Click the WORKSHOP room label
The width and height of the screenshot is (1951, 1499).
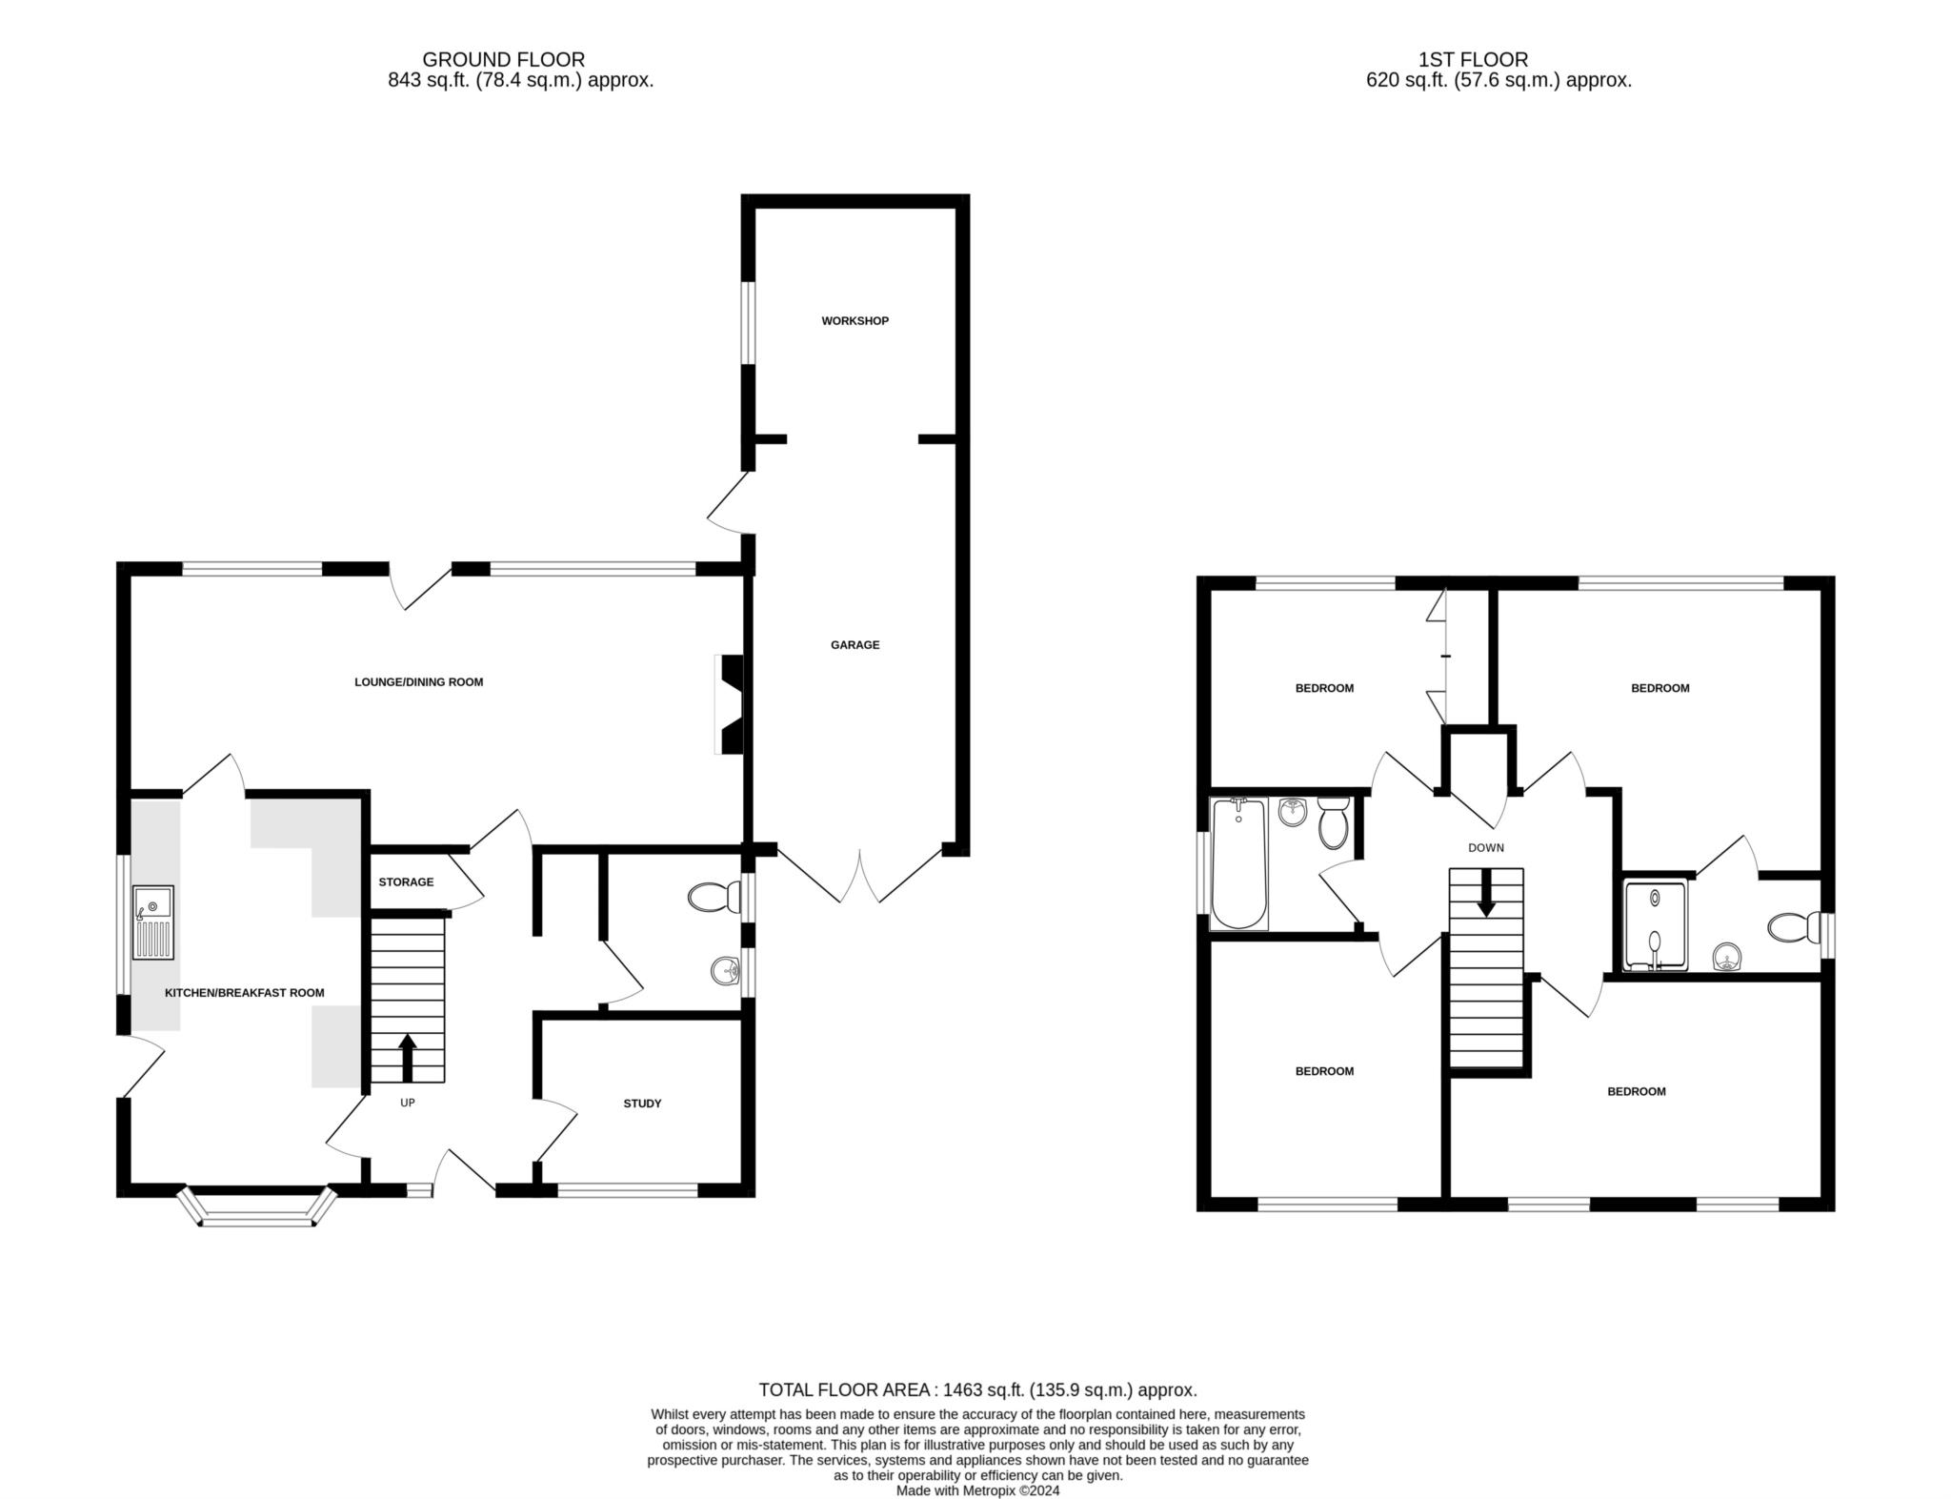[855, 321]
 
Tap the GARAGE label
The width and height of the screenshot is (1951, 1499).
[855, 645]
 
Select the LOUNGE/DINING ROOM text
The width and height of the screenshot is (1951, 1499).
[419, 682]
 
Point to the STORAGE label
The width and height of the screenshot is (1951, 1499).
[406, 882]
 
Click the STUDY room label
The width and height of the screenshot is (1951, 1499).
[642, 1104]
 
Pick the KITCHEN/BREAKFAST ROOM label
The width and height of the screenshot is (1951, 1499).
[245, 993]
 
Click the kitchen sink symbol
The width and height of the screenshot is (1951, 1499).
[153, 922]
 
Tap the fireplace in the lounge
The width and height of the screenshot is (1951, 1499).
[729, 704]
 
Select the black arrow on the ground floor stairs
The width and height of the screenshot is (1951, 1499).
[408, 1058]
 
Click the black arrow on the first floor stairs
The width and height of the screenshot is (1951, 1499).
[1486, 895]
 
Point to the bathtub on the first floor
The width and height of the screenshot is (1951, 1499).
[1238, 864]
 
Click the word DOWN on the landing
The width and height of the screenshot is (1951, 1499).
[1486, 848]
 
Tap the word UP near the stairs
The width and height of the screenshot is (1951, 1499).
[408, 1104]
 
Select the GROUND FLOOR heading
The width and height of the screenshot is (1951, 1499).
[504, 60]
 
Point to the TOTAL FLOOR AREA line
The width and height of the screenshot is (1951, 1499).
[977, 1390]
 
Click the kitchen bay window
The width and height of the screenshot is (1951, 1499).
[258, 1207]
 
